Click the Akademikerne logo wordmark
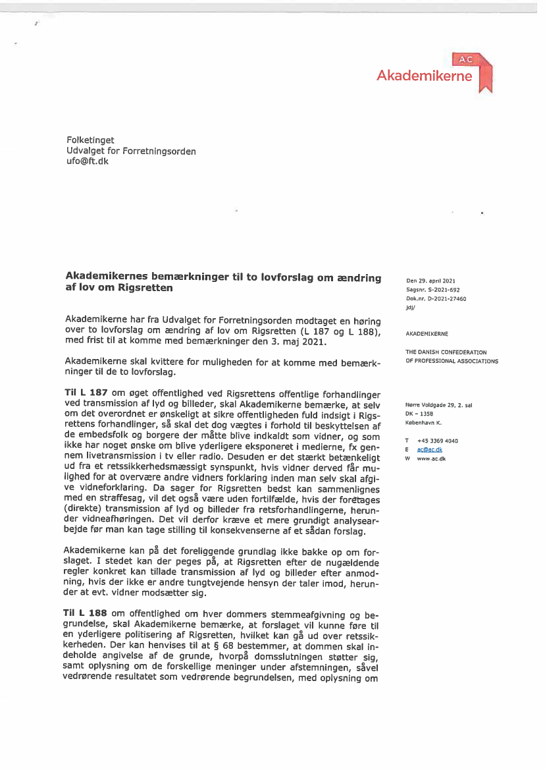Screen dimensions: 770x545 [x=424, y=76]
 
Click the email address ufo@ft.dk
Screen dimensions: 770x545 [x=88, y=161]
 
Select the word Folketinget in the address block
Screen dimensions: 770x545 [x=90, y=140]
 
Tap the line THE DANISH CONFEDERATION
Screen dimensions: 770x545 [x=446, y=352]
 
